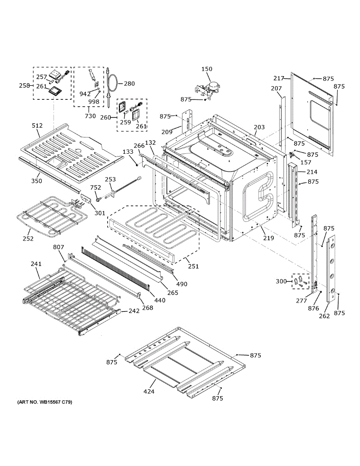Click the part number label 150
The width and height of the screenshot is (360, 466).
(x=207, y=69)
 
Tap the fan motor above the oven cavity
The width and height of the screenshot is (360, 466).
(x=210, y=88)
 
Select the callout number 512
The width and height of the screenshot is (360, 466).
(x=37, y=125)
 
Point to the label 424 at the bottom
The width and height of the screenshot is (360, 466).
(x=149, y=391)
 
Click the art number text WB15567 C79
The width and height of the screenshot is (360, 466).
(x=45, y=402)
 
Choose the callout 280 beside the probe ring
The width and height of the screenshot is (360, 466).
(x=129, y=83)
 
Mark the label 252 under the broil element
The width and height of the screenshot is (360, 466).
(x=28, y=238)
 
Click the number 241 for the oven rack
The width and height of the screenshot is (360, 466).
(x=36, y=264)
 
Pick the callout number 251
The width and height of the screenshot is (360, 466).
(x=193, y=266)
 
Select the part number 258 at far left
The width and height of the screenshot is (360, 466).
(x=24, y=85)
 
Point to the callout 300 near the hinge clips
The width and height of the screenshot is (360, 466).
(x=282, y=281)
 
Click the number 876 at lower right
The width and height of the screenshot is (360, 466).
(x=313, y=308)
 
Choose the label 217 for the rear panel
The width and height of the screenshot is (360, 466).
(x=278, y=78)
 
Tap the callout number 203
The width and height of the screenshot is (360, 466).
(x=259, y=127)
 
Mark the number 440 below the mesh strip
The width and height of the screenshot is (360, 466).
(x=160, y=300)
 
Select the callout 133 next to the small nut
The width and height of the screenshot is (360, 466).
(x=128, y=152)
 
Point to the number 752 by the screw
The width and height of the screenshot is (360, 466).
(x=96, y=187)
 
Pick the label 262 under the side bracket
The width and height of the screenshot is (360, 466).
(x=324, y=316)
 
